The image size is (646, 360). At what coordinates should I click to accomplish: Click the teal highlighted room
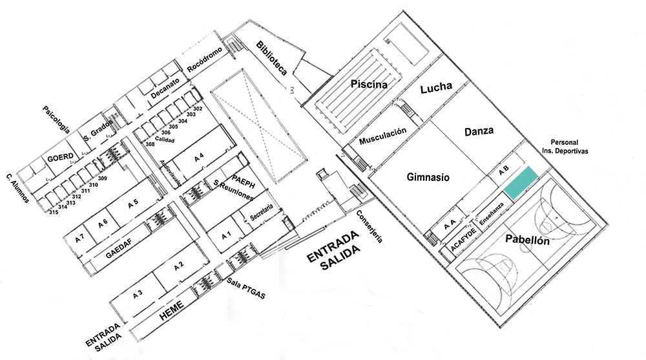[521, 184]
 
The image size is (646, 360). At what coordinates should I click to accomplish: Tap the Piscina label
[369, 84]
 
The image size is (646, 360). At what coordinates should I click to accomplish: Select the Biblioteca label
[271, 58]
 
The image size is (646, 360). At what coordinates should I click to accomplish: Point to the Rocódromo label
[205, 60]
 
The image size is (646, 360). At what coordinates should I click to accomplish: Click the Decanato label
[165, 89]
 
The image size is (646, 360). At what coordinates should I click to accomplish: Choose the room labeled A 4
[199, 156]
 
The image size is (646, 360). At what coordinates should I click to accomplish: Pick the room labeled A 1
[226, 236]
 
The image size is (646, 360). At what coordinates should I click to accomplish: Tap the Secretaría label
[262, 212]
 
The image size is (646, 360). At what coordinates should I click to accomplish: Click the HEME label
[171, 311]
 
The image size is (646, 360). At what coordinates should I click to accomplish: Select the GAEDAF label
[119, 248]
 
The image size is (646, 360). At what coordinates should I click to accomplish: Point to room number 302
[198, 109]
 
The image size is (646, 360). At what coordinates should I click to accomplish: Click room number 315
[54, 212]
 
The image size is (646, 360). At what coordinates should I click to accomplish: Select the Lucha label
[436, 87]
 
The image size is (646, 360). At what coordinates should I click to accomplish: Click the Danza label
[479, 131]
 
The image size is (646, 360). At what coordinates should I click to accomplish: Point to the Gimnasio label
[428, 177]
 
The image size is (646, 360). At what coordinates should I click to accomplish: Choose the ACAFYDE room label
[463, 238]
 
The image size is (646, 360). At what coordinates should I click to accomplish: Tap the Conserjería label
[370, 226]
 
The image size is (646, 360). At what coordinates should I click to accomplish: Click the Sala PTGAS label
[246, 288]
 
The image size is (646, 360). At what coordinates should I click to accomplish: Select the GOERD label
[60, 157]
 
